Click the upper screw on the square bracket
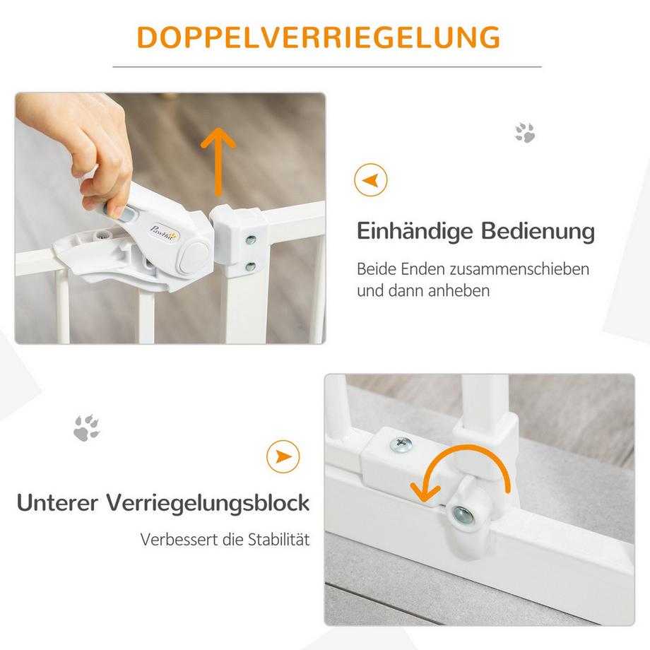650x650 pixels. click(249, 240)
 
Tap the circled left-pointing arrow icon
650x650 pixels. click(370, 180)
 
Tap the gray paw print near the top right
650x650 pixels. click(524, 132)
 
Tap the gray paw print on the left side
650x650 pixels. click(86, 427)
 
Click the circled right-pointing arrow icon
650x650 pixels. click(283, 456)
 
